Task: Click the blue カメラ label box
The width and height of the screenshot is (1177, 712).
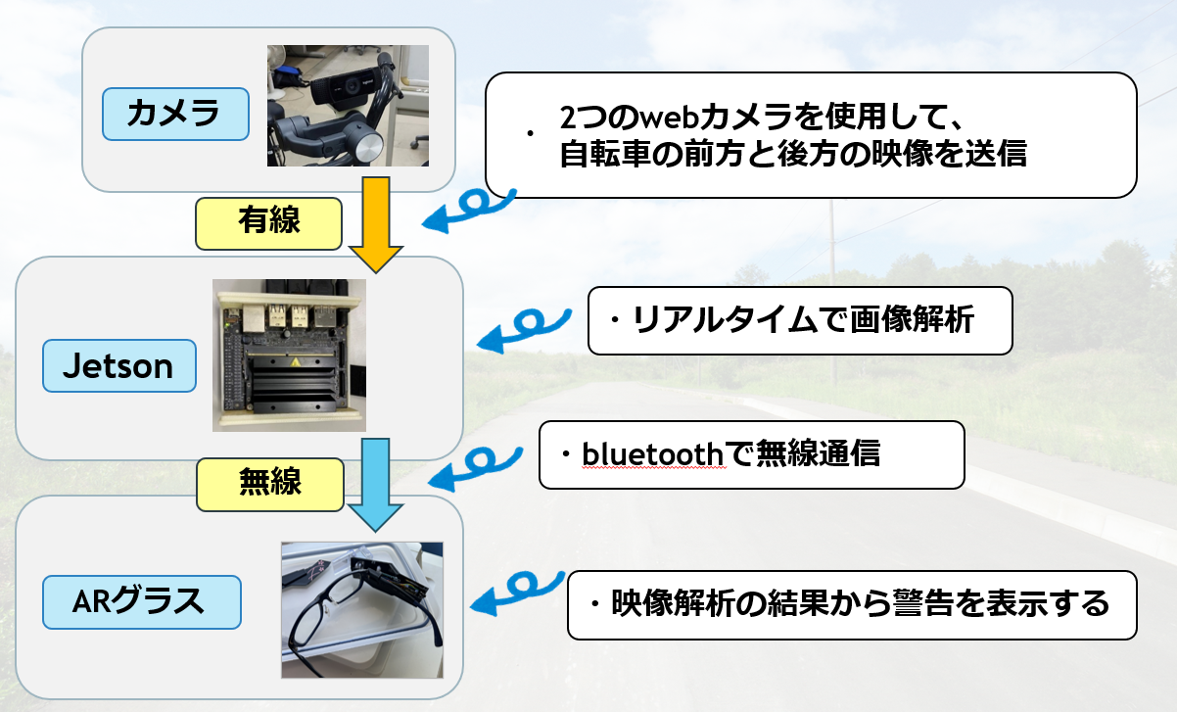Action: pos(175,115)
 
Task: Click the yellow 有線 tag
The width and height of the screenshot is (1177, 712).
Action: pos(269,222)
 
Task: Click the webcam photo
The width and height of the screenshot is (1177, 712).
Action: pos(348,106)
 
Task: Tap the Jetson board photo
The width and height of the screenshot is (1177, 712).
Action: pos(289,355)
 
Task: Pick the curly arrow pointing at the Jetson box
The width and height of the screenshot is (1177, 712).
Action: pos(525,329)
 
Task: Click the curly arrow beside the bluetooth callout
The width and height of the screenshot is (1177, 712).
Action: pos(482,464)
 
